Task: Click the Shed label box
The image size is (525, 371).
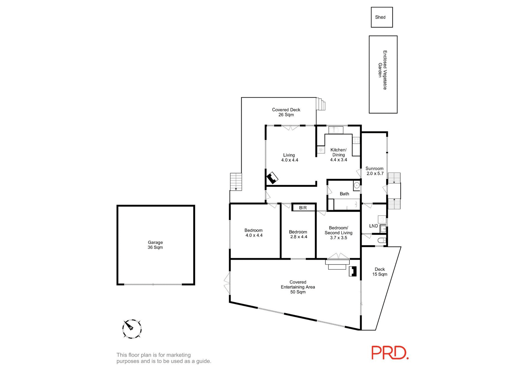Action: pos(382,17)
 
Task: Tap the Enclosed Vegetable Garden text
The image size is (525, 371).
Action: pos(383,70)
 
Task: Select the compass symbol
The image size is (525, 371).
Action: pos(132,329)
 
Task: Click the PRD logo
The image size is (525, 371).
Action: pos(390,353)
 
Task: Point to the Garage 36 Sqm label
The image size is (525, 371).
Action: pos(155,245)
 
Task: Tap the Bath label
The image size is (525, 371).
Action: pos(344,194)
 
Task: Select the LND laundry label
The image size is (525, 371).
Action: pos(373,226)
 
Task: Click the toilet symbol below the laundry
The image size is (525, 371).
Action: pos(382,240)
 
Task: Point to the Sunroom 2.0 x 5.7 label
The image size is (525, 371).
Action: pos(375,171)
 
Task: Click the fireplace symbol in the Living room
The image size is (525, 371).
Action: pos(272,178)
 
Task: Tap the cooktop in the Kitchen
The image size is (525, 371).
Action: pos(356,140)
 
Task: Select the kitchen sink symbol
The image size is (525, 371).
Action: pos(336,130)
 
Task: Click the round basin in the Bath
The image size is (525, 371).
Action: pos(357,186)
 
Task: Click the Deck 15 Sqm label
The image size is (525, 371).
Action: pos(380,272)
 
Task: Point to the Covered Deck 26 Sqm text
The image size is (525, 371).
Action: pos(286,112)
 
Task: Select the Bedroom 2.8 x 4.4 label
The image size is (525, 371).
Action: pos(298,234)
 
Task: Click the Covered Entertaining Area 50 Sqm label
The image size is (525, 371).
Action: pos(298,287)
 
